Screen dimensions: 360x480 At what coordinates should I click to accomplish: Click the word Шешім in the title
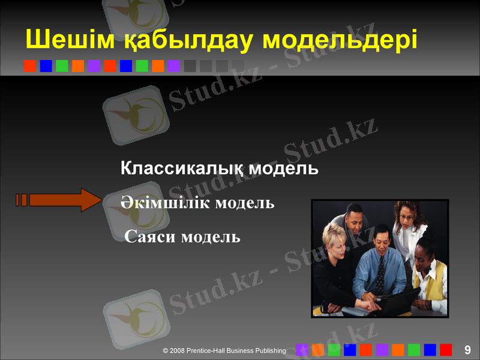click(x=57, y=40)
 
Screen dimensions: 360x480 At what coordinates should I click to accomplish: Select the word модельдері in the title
click(x=340, y=40)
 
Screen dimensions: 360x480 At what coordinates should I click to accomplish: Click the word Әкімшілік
click(x=160, y=203)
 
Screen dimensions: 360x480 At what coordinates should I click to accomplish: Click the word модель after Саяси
click(x=211, y=237)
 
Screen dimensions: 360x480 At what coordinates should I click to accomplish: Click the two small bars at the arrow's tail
click(x=22, y=200)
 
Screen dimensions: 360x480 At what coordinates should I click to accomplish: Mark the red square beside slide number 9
click(x=446, y=350)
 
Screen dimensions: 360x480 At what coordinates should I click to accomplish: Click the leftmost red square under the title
click(x=30, y=65)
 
